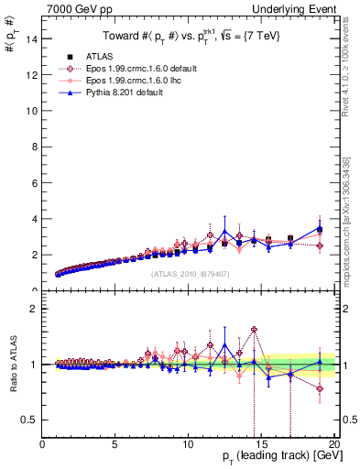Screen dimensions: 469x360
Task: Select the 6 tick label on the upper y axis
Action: click(x=33, y=183)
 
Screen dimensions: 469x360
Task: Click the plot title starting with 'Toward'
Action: click(x=190, y=37)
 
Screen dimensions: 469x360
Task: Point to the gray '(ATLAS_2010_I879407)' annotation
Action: click(x=190, y=273)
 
